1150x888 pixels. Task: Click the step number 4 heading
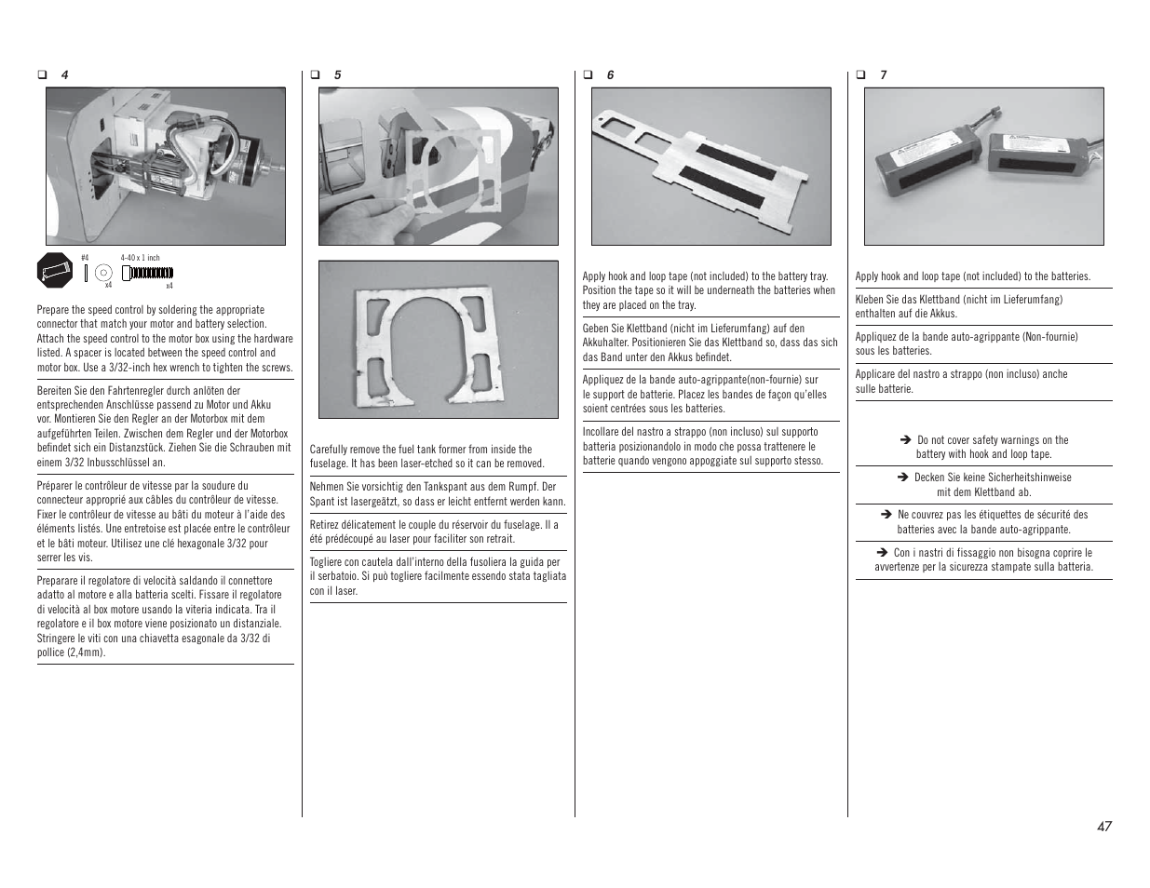[x=65, y=75]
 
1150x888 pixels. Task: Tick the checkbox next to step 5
[x=315, y=75]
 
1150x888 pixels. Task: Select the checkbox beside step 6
[x=588, y=75]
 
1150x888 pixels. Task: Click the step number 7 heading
[x=883, y=75]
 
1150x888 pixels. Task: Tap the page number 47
[x=1103, y=827]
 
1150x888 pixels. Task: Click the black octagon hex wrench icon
[x=55, y=272]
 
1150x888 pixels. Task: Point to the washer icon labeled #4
[x=103, y=274]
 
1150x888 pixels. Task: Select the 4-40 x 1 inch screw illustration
[x=147, y=273]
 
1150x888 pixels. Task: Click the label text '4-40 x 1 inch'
[x=140, y=258]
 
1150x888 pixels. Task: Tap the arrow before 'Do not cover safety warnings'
[x=904, y=439]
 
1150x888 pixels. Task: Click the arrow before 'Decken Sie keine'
[x=901, y=477]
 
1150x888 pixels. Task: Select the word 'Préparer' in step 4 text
[x=55, y=486]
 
